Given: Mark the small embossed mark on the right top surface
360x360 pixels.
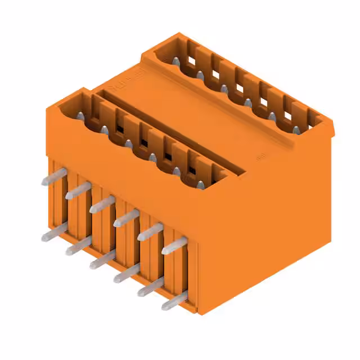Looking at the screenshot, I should (260, 158).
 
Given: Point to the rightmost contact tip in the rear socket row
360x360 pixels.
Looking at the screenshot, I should (296, 130).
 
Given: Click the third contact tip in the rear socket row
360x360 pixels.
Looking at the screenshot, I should (224, 88).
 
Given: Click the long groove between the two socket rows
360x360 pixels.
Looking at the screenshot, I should (169, 129).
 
